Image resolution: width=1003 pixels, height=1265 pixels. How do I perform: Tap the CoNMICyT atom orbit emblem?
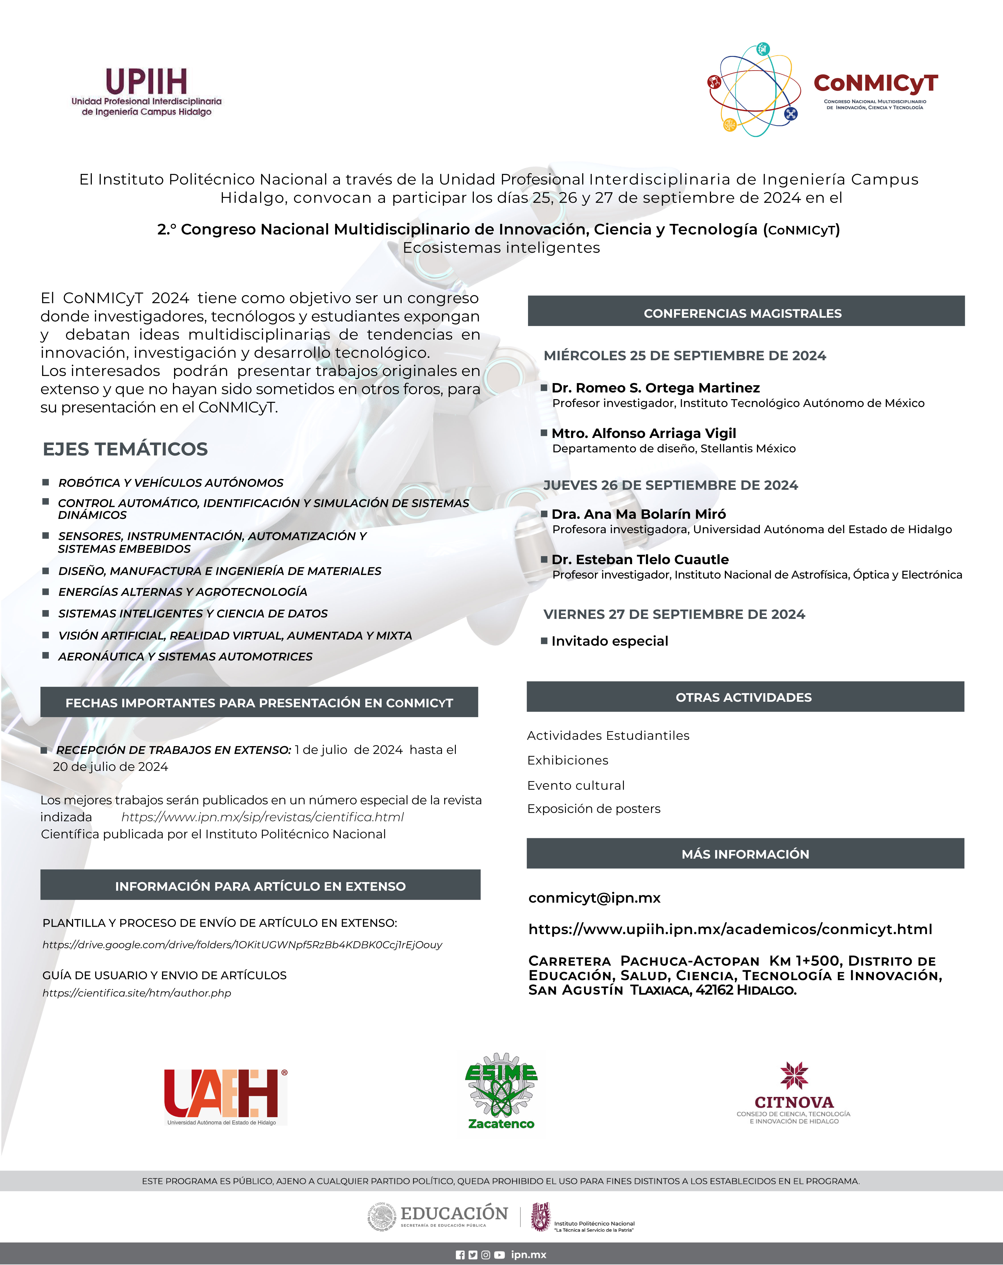click(x=754, y=90)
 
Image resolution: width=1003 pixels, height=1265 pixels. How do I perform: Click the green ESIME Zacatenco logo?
click(x=501, y=1091)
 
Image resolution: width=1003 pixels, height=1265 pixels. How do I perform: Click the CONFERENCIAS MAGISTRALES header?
click(x=743, y=313)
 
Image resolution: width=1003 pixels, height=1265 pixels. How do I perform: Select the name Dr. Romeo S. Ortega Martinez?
click(x=655, y=388)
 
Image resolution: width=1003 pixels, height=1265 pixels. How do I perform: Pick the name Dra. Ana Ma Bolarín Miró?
click(x=638, y=514)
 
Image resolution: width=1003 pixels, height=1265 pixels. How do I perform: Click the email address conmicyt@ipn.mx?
click(x=594, y=898)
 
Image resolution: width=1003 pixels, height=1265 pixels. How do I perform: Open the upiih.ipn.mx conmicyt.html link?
click(x=730, y=929)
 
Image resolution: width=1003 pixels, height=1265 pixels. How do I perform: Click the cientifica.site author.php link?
click(x=137, y=993)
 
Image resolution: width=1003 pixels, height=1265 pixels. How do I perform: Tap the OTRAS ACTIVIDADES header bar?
click(x=744, y=697)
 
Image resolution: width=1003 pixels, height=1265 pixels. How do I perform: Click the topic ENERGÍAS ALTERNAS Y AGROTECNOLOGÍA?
click(x=182, y=592)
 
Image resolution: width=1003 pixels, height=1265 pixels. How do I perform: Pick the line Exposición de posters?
click(x=594, y=809)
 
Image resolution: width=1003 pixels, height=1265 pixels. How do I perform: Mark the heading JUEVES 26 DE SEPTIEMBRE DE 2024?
click(x=670, y=485)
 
